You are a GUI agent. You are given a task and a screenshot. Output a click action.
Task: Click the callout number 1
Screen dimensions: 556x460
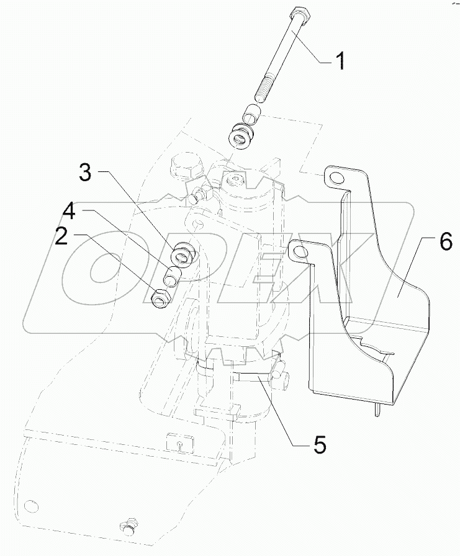(340, 61)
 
